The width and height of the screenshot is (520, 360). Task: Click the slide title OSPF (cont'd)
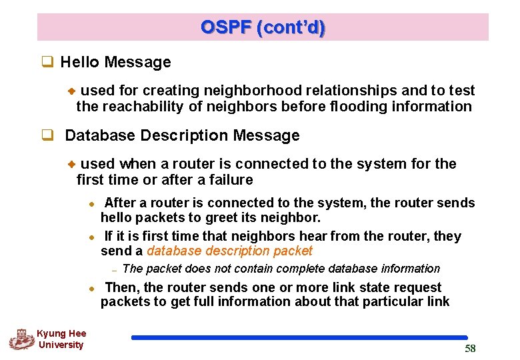(263, 28)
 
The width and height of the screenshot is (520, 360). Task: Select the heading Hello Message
(115, 63)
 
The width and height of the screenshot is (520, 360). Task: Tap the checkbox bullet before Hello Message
(47, 63)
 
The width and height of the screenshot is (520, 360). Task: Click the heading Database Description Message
(182, 136)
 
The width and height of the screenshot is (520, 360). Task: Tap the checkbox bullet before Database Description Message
(47, 136)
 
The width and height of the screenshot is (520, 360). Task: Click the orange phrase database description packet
(229, 251)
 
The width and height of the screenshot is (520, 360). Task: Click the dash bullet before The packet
(115, 270)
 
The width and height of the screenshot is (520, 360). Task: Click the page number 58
(470, 349)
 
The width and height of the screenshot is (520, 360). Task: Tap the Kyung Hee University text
(61, 339)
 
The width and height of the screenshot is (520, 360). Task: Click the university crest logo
(21, 339)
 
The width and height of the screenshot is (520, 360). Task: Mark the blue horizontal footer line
(299, 338)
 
